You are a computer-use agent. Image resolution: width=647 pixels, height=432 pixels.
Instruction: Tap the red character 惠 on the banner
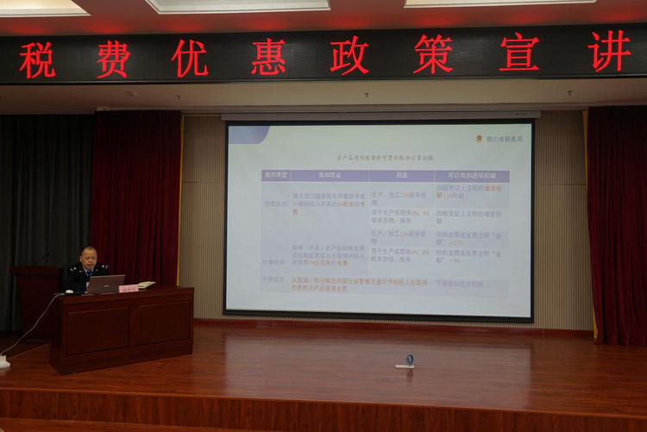pos(268,56)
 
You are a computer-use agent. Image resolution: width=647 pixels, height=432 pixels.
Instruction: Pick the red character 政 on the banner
pos(349,55)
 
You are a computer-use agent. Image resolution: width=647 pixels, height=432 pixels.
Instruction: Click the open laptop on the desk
pos(104,284)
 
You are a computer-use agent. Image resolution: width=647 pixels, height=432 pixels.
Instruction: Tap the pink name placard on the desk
pos(129,288)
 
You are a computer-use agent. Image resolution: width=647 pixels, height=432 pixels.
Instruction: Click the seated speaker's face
pos(88,257)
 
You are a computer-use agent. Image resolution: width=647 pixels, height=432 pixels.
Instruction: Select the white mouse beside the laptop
pos(69,291)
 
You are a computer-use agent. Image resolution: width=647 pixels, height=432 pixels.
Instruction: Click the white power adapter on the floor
pos(4,362)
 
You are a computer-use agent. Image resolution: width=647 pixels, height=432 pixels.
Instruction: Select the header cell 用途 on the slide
pos(401,175)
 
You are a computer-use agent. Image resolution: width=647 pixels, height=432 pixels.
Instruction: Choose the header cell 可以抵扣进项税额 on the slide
pos(471,176)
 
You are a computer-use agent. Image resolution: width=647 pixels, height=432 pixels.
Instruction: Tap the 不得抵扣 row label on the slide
pos(273,280)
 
